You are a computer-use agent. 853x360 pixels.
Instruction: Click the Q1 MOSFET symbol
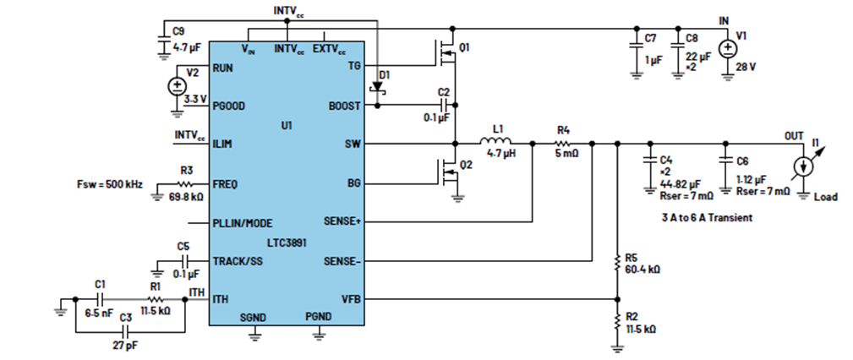[x=447, y=52]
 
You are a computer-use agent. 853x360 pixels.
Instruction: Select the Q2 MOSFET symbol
[x=448, y=172]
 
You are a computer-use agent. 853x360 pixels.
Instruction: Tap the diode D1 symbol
[x=377, y=88]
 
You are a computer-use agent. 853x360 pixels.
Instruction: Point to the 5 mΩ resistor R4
[x=562, y=145]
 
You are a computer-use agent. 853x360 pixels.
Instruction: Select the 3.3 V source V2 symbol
[x=177, y=87]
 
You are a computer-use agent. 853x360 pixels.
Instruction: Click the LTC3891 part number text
[x=287, y=243]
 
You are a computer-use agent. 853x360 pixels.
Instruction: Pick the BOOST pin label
[x=345, y=106]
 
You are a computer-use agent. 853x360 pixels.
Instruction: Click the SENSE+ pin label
[x=342, y=222]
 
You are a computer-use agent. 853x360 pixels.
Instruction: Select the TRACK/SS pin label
[x=238, y=261]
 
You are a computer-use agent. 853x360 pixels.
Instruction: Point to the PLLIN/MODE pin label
[x=243, y=223]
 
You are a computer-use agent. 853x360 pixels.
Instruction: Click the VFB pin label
[x=351, y=298]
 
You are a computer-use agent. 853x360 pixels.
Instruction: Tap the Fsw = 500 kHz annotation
[x=111, y=184]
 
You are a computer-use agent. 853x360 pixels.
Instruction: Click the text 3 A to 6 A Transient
[x=706, y=217]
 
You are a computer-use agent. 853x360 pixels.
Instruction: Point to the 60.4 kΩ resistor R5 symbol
[x=617, y=264]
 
